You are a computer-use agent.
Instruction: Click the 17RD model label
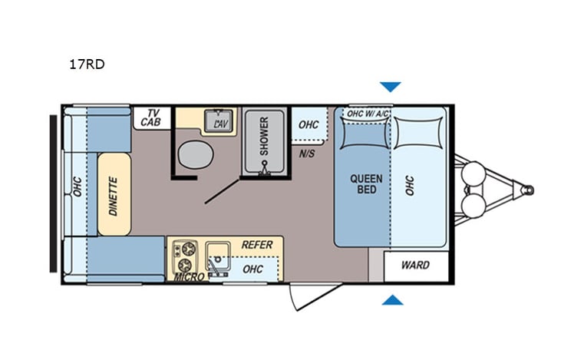[x=87, y=64]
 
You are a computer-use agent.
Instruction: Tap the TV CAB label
[x=151, y=117]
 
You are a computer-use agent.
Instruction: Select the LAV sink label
[x=221, y=123]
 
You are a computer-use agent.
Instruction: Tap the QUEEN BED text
[x=366, y=184]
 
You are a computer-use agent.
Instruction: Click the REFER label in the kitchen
[x=257, y=245]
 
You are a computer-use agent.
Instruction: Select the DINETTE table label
[x=113, y=196]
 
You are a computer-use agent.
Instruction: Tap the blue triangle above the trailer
[x=391, y=87]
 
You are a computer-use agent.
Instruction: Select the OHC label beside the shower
[x=309, y=125]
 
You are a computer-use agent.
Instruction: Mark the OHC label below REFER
[x=252, y=269]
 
